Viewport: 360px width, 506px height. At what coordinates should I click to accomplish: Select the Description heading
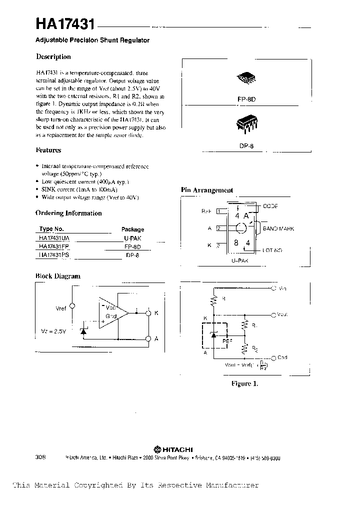coord(53,57)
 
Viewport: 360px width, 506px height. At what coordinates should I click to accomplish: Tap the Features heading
coord(48,150)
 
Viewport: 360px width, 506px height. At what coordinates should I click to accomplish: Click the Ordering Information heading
coord(68,213)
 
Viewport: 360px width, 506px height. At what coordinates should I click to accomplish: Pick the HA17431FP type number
coord(54,247)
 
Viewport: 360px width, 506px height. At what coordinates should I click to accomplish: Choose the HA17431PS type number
coord(54,255)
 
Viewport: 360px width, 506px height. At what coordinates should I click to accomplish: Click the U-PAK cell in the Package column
coord(132,238)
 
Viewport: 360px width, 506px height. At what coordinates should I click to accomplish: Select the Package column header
coord(132,229)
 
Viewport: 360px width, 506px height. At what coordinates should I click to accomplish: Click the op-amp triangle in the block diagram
coord(113,314)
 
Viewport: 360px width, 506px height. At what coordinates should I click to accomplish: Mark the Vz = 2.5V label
coord(53,331)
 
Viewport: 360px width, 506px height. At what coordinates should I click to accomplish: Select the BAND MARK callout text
coord(278,228)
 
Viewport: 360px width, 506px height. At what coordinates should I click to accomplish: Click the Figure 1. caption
coord(244,384)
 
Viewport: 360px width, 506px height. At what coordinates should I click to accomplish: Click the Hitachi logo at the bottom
coord(173,448)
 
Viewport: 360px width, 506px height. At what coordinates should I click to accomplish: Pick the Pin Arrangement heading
coord(206,190)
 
